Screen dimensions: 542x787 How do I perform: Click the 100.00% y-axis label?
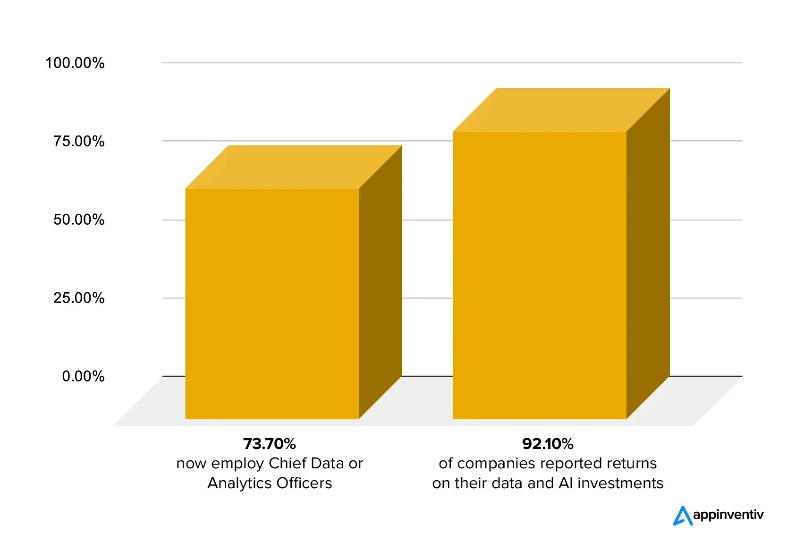75,63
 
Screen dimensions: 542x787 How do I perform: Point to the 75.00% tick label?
78,141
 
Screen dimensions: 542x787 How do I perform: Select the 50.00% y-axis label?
78,220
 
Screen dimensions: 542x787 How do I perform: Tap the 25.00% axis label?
78,298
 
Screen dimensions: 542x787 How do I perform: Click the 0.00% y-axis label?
83,376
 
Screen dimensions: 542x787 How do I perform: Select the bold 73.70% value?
269,444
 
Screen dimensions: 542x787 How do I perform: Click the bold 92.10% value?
548,444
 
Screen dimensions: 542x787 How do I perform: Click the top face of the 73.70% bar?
294,167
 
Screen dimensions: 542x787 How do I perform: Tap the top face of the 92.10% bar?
561,110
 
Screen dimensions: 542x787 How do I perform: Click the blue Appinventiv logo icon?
682,516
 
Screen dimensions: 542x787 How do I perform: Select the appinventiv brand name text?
728,515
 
